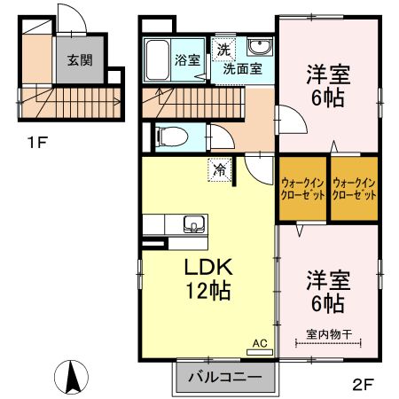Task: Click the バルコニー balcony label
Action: (223, 377)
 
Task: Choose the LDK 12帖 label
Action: (209, 278)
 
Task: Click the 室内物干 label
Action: (329, 333)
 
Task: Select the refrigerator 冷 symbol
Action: (215, 167)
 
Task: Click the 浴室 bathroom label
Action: (187, 60)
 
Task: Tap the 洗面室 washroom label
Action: (241, 68)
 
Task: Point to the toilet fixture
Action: (168, 136)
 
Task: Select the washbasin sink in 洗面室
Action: (259, 47)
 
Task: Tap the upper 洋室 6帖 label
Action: (327, 86)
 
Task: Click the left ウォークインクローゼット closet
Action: (301, 187)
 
